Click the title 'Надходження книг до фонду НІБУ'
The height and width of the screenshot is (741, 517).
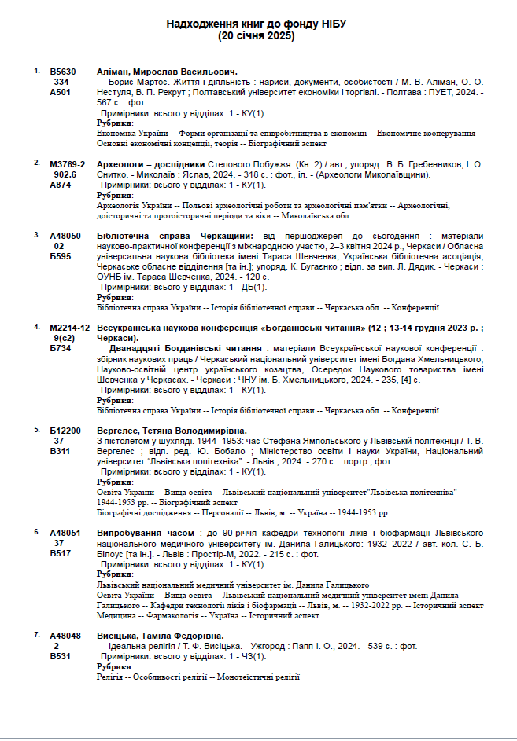(258, 24)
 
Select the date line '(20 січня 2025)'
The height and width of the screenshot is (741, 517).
(258, 36)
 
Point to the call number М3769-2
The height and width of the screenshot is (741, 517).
(66, 163)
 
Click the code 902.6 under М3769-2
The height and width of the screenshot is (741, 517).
(63, 174)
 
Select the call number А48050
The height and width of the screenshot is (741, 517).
(65, 235)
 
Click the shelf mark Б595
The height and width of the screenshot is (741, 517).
(61, 256)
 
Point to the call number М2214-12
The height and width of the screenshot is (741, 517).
(68, 327)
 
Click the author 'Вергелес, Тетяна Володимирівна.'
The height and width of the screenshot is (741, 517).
(172, 431)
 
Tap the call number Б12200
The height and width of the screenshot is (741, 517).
(65, 431)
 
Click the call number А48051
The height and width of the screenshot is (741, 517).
(65, 532)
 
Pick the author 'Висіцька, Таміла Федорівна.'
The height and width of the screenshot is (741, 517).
(160, 635)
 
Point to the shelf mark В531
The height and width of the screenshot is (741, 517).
(61, 655)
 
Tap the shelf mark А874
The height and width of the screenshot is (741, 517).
(61, 185)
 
